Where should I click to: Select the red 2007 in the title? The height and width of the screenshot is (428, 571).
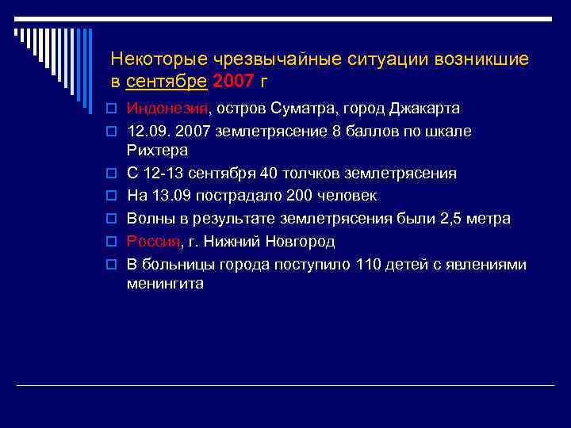(x=236, y=80)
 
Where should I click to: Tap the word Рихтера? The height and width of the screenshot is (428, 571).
(x=157, y=151)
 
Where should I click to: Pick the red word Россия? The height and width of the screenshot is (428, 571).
(x=154, y=240)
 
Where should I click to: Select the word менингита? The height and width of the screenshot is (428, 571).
(x=165, y=284)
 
